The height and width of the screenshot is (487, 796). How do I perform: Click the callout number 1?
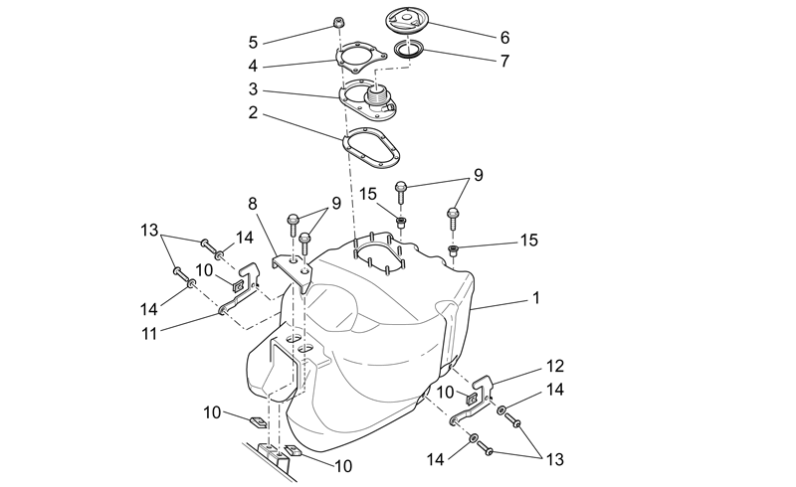coord(535,298)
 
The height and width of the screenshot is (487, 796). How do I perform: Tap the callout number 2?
coord(253,113)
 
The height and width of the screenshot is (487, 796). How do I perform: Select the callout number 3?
coord(253,89)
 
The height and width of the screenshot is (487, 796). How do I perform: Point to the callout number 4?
coord(253,67)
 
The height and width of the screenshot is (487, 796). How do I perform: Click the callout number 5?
coord(253,43)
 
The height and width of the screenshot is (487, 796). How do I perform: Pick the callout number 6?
coord(504,38)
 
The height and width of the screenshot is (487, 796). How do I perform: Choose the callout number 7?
coord(504,61)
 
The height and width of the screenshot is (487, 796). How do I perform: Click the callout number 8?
coord(253,204)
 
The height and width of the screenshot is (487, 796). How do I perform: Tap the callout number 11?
coord(149,334)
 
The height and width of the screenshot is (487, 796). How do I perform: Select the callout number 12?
coord(555,366)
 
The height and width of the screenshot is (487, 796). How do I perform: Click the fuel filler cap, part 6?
coord(408,21)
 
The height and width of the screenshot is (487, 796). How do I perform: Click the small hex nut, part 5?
coord(337,22)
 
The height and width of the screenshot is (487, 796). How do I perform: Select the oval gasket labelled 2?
coord(371,147)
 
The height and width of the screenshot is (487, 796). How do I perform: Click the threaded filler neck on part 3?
coord(376,94)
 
